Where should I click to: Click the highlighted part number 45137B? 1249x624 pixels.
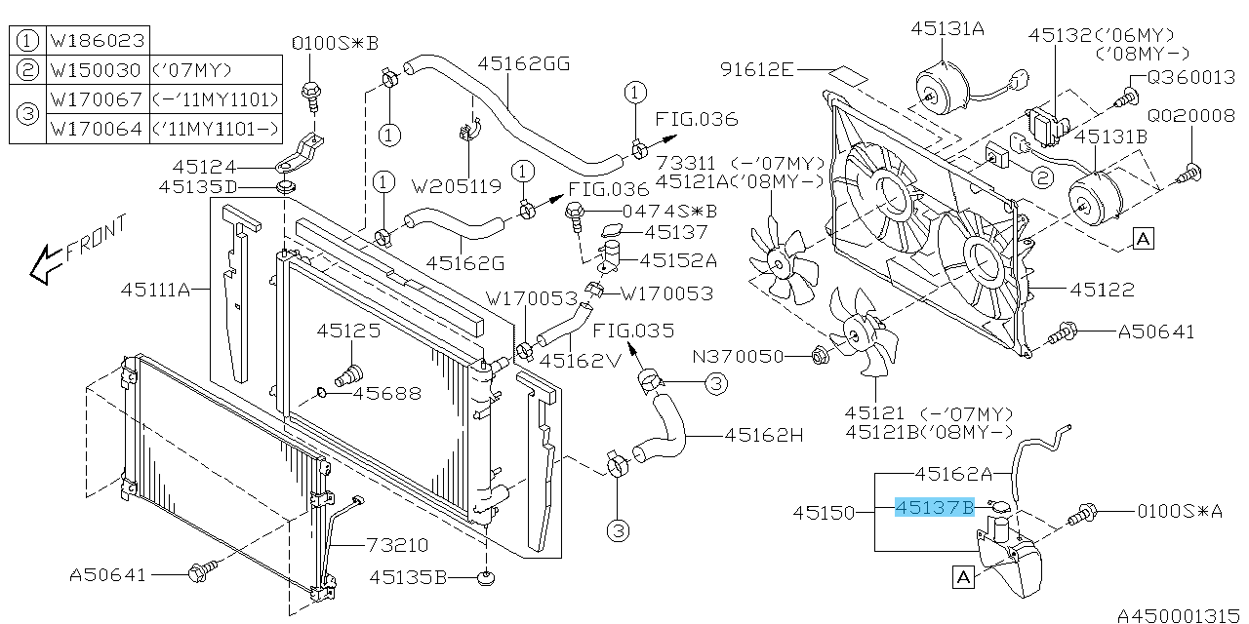935,507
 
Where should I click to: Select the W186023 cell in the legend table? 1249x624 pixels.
97,41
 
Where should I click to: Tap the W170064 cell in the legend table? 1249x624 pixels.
97,129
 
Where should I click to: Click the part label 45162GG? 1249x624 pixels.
523,64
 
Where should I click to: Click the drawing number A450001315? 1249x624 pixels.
1181,615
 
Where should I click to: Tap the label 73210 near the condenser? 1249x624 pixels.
397,544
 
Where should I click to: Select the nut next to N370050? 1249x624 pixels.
820,357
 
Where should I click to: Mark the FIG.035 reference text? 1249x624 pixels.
632,330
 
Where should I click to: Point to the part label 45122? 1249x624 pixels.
1102,289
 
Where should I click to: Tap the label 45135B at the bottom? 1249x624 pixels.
408,577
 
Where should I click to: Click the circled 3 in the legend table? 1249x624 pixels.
27,114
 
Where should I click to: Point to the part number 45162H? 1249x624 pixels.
764,435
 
